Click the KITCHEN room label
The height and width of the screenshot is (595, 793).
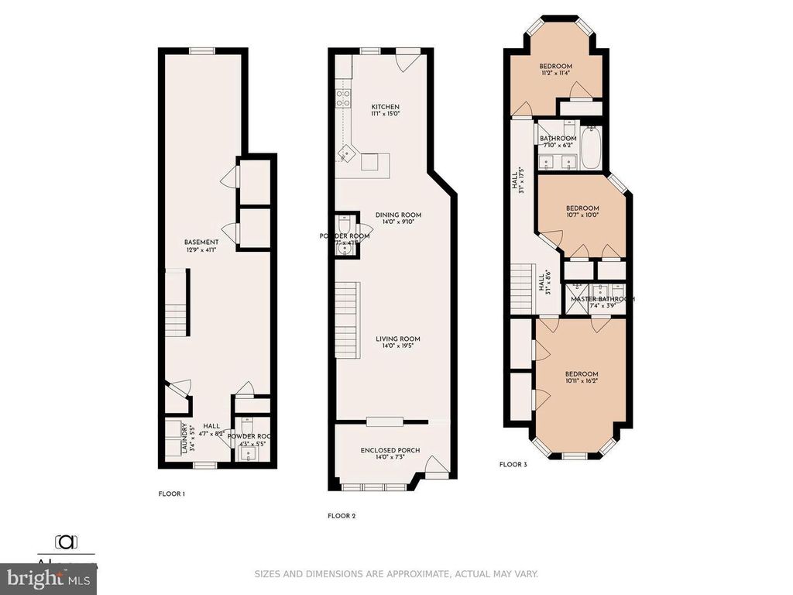pos(385,107)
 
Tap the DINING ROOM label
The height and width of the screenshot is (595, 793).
pos(398,215)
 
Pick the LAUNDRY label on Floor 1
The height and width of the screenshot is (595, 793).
pos(184,438)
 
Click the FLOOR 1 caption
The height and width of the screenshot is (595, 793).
pos(171,494)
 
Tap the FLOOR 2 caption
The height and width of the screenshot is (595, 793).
pos(342,515)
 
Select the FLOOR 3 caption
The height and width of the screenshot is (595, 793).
pos(513,465)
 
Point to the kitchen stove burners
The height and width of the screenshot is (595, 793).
pos(341,98)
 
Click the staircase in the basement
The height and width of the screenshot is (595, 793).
pos(177,302)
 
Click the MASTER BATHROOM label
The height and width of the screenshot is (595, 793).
pos(602,299)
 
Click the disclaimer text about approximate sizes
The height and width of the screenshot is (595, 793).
pos(396,574)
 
